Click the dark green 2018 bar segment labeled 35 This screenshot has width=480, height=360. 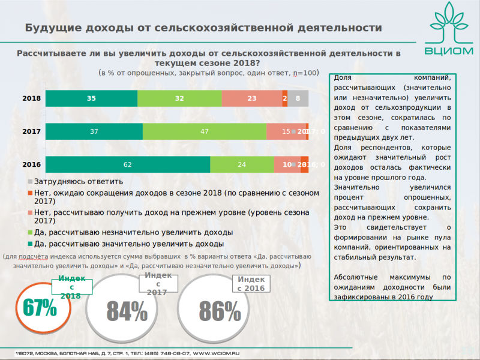pos(91,98)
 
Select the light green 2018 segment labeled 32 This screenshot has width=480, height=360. pos(179,98)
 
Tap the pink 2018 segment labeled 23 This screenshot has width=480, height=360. pos(251,98)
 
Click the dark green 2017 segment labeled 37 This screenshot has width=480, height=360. pos(94,131)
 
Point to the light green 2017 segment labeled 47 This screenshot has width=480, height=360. pos(204,131)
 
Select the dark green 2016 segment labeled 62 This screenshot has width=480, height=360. pos(128,164)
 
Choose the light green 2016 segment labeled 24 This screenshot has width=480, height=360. pos(241,164)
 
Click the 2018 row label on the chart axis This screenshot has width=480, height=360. pos(31,98)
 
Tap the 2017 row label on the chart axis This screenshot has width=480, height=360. pos(31,131)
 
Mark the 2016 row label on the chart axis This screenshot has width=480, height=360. pos(31,164)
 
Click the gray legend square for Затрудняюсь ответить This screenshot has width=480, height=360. pos(31,181)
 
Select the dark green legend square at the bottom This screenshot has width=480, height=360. pos(31,244)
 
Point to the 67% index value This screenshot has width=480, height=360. pos(40,308)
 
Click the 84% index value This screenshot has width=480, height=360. pos(127,311)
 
